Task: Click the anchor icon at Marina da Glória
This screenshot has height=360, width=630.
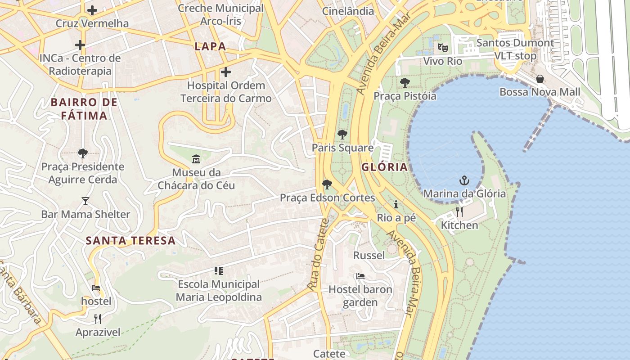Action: [464, 181]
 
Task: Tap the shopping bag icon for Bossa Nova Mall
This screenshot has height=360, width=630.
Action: [540, 79]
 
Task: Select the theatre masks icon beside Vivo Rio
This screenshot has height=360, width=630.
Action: [443, 47]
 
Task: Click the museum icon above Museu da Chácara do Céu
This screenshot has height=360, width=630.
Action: [196, 159]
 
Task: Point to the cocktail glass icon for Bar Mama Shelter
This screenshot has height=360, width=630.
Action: [85, 201]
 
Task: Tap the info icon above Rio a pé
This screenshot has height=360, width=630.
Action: [396, 204]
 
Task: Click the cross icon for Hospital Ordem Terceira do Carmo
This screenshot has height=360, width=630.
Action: [226, 72]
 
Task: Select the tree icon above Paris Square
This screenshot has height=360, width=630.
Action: [342, 134]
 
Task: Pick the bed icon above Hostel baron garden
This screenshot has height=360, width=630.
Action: [360, 276]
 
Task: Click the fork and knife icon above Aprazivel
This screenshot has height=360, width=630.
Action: [98, 319]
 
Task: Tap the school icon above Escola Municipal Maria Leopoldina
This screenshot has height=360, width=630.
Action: [219, 271]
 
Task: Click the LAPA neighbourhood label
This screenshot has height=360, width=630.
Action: [210, 46]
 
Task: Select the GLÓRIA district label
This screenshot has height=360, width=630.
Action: [384, 167]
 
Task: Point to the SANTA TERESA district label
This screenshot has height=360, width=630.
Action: [130, 241]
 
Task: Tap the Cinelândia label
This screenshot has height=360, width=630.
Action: [348, 11]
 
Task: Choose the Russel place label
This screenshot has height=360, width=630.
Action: [369, 256]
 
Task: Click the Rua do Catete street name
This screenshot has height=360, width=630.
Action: [319, 254]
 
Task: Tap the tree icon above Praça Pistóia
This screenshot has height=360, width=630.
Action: [405, 83]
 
